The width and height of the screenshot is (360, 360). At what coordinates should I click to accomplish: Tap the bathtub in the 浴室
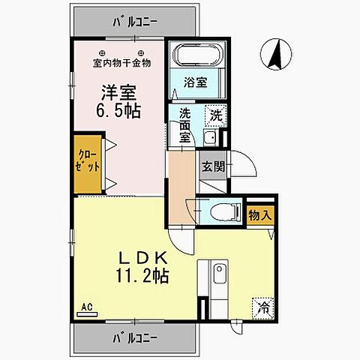pos(193,57)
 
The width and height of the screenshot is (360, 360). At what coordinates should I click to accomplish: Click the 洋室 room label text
pos(119,93)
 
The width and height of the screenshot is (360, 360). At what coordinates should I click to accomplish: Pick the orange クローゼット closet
pos(88,162)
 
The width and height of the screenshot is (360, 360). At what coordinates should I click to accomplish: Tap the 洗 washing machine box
pos(215,116)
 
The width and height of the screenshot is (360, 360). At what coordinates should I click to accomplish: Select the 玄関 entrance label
pos(212,166)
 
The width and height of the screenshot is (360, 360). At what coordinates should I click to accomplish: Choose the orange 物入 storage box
pos(260,215)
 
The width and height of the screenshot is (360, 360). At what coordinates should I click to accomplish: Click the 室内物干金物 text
pos(119,63)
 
